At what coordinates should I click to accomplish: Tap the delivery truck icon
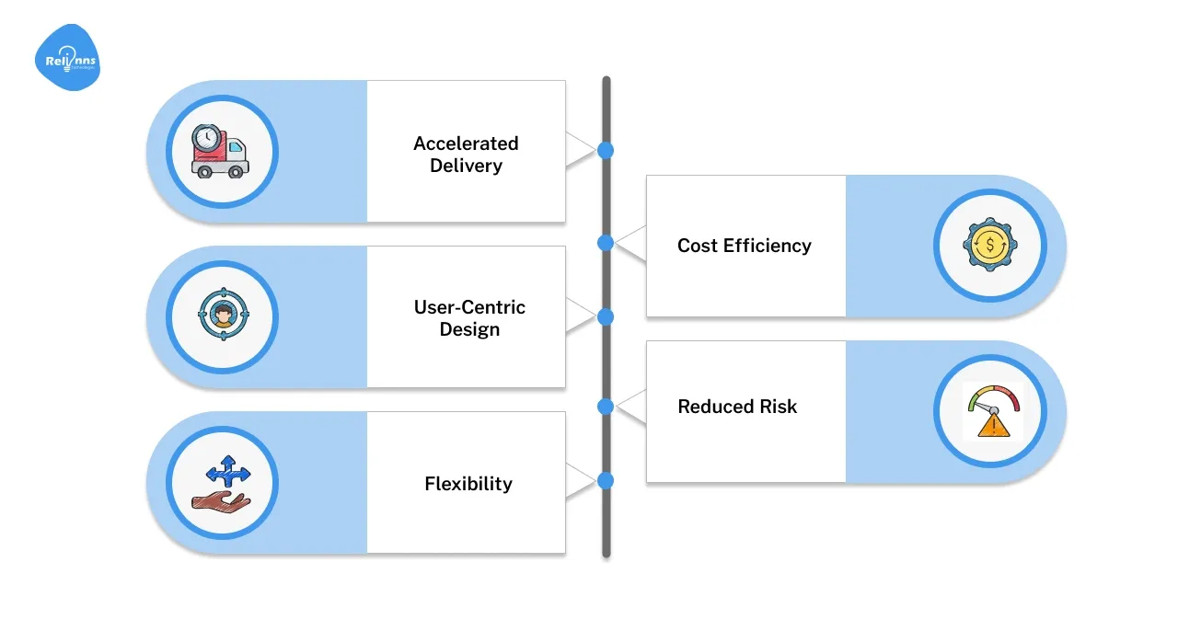[x=221, y=151]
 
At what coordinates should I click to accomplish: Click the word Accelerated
[x=466, y=143]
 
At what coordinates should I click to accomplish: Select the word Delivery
[x=466, y=166]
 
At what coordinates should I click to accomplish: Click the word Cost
[x=698, y=246]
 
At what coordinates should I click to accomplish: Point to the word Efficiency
[x=767, y=246]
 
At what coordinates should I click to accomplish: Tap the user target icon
[x=222, y=316]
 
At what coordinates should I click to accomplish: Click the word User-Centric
[x=469, y=307]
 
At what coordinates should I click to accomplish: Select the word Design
[x=469, y=329]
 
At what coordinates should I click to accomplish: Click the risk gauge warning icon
[x=991, y=411]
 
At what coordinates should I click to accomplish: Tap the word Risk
[x=779, y=407]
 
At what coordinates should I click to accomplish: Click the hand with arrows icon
[x=221, y=484]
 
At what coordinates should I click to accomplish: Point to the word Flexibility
[x=468, y=484]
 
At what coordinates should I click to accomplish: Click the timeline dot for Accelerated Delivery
[x=606, y=150]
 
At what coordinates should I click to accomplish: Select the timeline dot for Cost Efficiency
[x=606, y=244]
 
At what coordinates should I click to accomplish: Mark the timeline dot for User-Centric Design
[x=606, y=316]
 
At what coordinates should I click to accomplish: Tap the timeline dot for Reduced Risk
[x=606, y=406]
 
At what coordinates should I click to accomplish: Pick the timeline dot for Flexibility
[x=606, y=480]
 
